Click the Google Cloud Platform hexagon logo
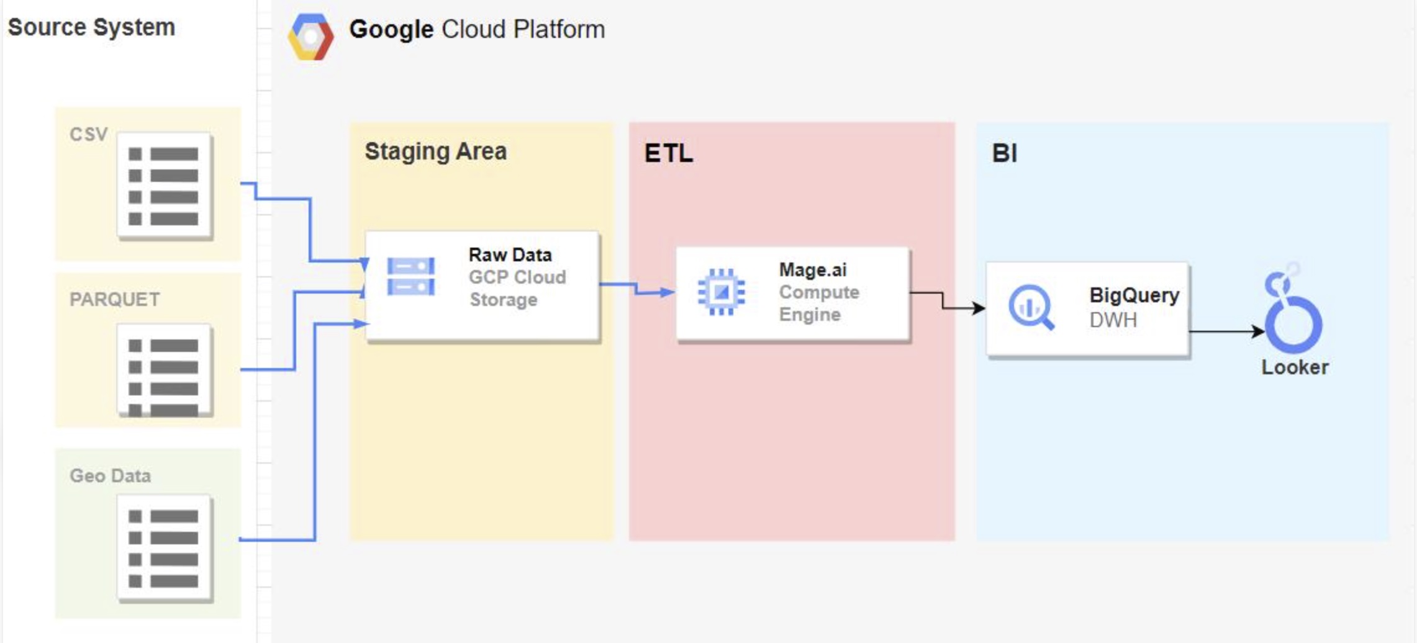pyautogui.click(x=310, y=37)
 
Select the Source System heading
pyautogui.click(x=91, y=27)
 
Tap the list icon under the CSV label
pyautogui.click(x=165, y=186)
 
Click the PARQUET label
pyautogui.click(x=114, y=299)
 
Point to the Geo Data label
pyautogui.click(x=110, y=475)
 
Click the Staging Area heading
pyautogui.click(x=435, y=151)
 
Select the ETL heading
pyautogui.click(x=669, y=153)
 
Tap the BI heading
pyautogui.click(x=1005, y=153)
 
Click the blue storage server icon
pyautogui.click(x=410, y=277)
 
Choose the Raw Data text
pyautogui.click(x=510, y=254)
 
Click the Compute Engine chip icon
pyautogui.click(x=721, y=292)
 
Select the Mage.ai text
pyautogui.click(x=813, y=270)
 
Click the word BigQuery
pyautogui.click(x=1134, y=295)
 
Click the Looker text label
pyautogui.click(x=1295, y=367)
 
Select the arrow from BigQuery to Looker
pyautogui.click(x=1227, y=331)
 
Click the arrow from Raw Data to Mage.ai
pyautogui.click(x=636, y=288)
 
